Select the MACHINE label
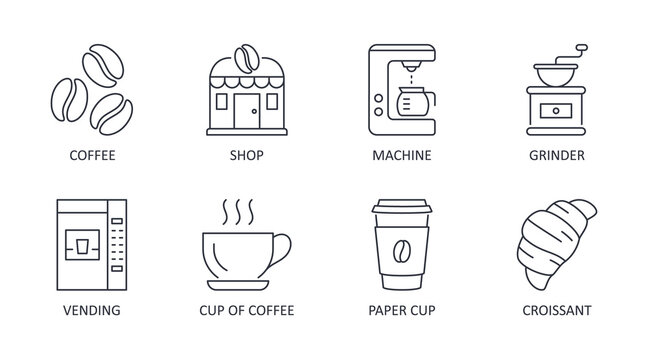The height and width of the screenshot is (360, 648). [403, 155]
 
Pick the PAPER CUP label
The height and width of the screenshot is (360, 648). [403, 310]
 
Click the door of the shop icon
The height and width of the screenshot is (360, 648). [246, 114]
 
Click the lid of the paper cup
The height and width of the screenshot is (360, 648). [402, 211]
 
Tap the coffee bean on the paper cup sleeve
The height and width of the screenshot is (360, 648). [402, 249]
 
